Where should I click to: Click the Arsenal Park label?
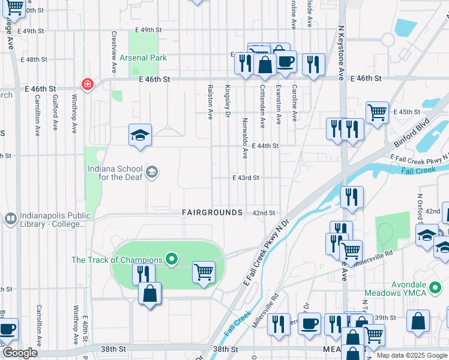click(143, 58)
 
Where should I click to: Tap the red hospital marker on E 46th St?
click(88, 84)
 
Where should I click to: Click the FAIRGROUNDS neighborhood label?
click(212, 213)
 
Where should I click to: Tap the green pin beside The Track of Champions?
click(172, 260)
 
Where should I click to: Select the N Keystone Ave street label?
click(341, 53)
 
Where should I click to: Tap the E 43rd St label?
click(246, 178)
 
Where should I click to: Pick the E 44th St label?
click(265, 146)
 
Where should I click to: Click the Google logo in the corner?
click(20, 353)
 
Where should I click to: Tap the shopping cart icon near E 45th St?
click(377, 112)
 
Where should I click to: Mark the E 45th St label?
click(407, 112)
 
